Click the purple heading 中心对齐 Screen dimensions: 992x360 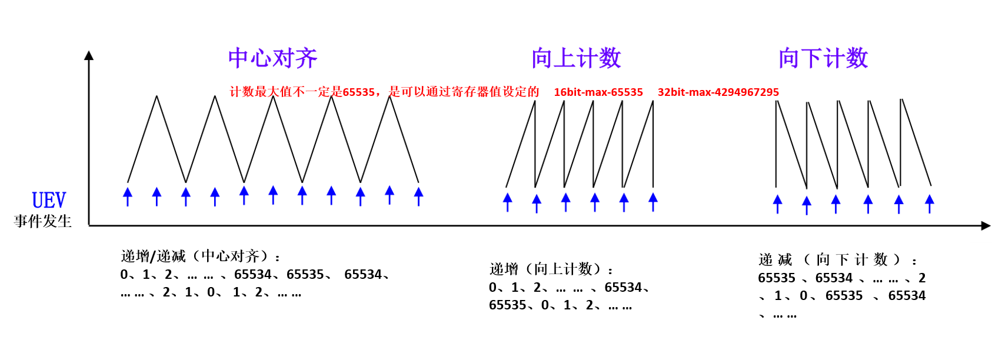click(x=272, y=58)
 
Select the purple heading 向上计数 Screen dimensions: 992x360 click(x=576, y=58)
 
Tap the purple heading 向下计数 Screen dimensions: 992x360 click(x=823, y=58)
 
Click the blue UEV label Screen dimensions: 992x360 click(x=49, y=201)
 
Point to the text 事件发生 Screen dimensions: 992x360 click(x=43, y=221)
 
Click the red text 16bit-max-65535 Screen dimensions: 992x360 click(x=598, y=92)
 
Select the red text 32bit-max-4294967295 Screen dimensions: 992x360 click(x=718, y=92)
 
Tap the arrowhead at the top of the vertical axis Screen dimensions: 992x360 click(x=89, y=55)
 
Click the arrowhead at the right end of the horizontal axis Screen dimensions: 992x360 click(x=986, y=225)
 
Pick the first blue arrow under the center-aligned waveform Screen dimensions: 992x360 click(x=128, y=196)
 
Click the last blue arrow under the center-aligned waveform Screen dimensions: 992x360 click(x=418, y=196)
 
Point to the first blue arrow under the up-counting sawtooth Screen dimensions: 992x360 click(x=508, y=202)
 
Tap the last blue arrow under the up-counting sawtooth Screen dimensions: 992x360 click(x=653, y=202)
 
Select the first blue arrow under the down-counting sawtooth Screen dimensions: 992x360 click(x=777, y=204)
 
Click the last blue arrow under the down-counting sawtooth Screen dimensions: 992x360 click(x=930, y=204)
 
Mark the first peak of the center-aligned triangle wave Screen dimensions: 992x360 click(x=157, y=96)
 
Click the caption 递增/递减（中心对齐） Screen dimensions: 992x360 click(x=200, y=256)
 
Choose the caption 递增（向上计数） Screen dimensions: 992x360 click(x=551, y=269)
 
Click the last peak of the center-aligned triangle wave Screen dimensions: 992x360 click(x=390, y=96)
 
